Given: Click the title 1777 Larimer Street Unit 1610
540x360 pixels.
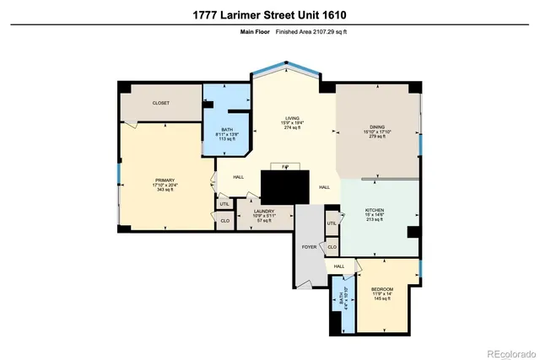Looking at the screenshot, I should coord(269,14).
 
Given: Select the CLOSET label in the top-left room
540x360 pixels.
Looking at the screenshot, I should coord(160,103).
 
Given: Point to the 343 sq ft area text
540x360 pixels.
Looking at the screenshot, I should coord(164,190).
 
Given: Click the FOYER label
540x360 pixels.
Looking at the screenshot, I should coord(309,247).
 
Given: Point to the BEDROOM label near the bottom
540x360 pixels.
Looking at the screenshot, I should coord(382,289).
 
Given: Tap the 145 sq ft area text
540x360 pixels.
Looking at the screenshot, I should coord(382,299).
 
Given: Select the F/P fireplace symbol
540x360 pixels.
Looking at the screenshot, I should coord(285,167).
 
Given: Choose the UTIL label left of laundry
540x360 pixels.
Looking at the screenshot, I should coord(224,204).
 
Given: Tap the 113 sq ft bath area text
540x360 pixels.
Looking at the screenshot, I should coord(225,139).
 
